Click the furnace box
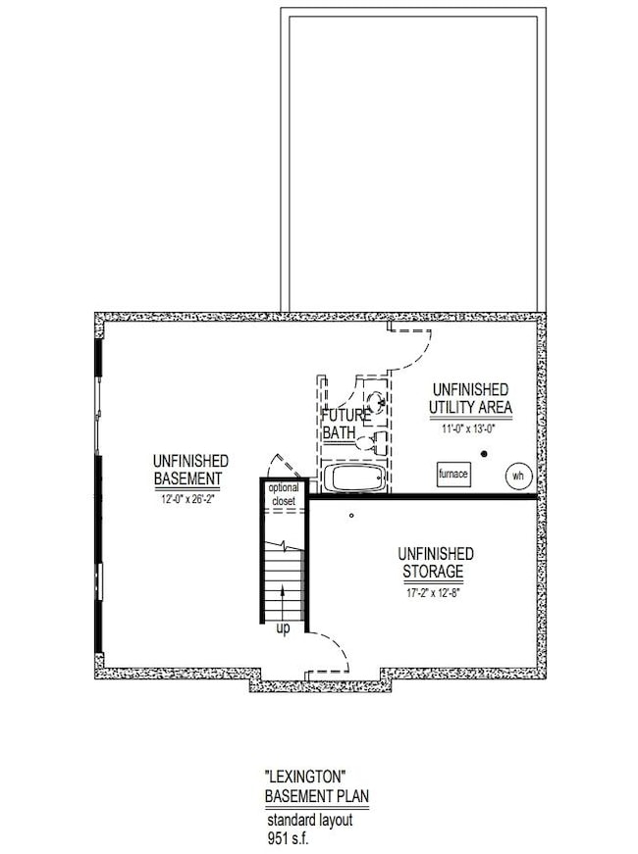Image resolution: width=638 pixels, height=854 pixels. pos(453,474)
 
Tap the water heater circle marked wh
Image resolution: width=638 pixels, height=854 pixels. pos(517,476)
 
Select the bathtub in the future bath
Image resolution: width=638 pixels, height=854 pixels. pos(354,477)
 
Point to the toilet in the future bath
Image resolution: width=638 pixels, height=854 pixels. pos(372,441)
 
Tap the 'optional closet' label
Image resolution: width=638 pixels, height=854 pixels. pos(284,494)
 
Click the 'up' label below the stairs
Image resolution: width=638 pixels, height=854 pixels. pos(283,628)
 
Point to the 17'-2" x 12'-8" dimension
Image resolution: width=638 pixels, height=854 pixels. pos(434,593)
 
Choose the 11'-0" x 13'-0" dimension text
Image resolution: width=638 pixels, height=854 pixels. pos(468,428)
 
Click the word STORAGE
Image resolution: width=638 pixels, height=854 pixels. pos(434,572)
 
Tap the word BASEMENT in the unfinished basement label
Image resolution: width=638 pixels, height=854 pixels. pos(188,478)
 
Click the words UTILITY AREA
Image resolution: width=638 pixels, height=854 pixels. pos(470,408)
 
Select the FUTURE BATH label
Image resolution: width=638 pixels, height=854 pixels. pos(346,425)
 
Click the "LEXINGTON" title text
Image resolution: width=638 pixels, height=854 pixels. pos(305,775)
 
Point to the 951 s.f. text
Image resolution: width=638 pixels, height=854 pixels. pos(288,837)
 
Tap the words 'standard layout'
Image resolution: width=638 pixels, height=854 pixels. pos(310,820)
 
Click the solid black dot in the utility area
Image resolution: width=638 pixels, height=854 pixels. pos(484,454)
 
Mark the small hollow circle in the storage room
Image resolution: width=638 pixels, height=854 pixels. pos(351,515)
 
